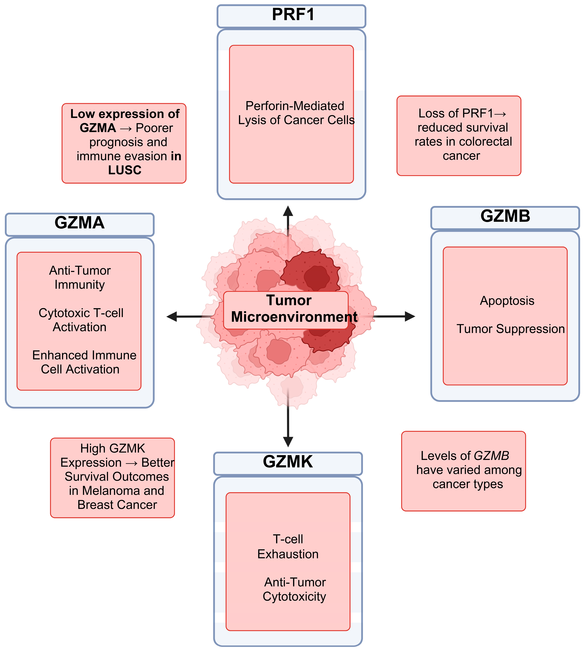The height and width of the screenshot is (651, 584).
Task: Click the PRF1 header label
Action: coord(293,14)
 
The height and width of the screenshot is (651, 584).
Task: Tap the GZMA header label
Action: coord(80,222)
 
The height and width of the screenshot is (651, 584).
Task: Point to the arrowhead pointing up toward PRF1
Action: coord(288,211)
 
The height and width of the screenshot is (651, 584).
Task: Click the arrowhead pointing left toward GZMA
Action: coord(172,317)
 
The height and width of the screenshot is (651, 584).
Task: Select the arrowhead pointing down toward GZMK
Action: coord(288,442)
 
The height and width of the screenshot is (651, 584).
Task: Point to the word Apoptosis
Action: coord(507,301)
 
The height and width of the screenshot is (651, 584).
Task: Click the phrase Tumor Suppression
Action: coord(511,329)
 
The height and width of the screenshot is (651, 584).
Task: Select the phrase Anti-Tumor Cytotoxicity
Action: coord(295,589)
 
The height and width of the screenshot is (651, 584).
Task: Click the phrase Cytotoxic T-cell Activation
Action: coord(81,320)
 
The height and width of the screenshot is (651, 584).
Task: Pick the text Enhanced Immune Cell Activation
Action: coord(84,362)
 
